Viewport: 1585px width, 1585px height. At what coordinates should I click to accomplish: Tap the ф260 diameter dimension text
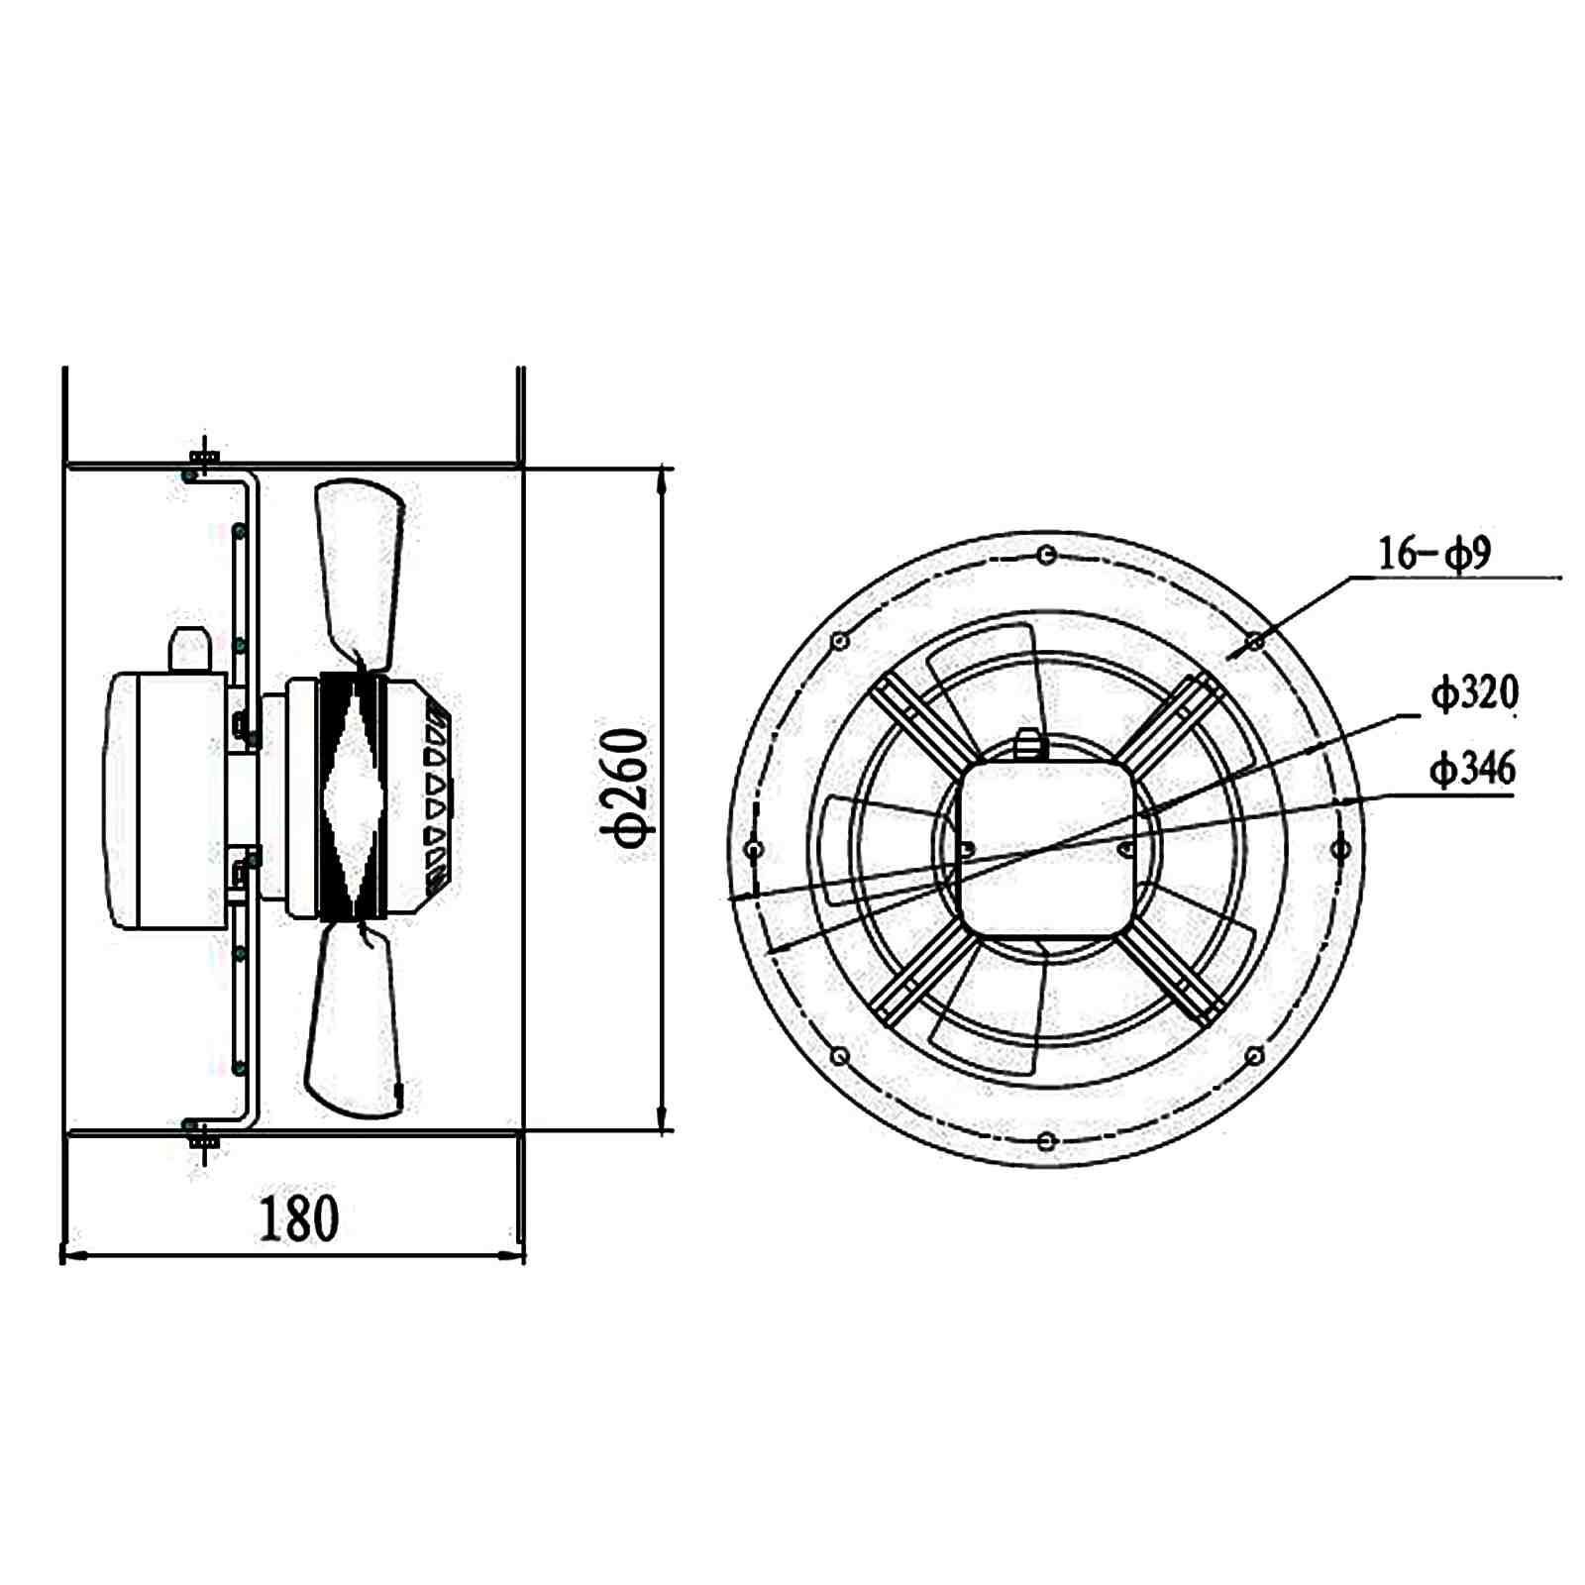tap(627, 790)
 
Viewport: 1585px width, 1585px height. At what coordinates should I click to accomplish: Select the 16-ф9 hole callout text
tap(1434, 554)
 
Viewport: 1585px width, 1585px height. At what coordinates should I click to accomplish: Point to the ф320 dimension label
tap(1473, 694)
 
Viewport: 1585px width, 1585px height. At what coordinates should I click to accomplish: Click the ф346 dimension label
tap(1472, 769)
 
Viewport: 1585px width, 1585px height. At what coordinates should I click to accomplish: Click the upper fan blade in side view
tap(359, 565)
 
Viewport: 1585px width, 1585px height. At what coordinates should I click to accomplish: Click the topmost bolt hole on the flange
tap(1046, 557)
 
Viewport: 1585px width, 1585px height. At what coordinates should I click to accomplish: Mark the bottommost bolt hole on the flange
tap(1046, 1141)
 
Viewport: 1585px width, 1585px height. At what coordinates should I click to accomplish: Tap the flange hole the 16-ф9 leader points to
tap(1255, 642)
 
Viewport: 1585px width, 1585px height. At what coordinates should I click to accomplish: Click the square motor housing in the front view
tap(1046, 847)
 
